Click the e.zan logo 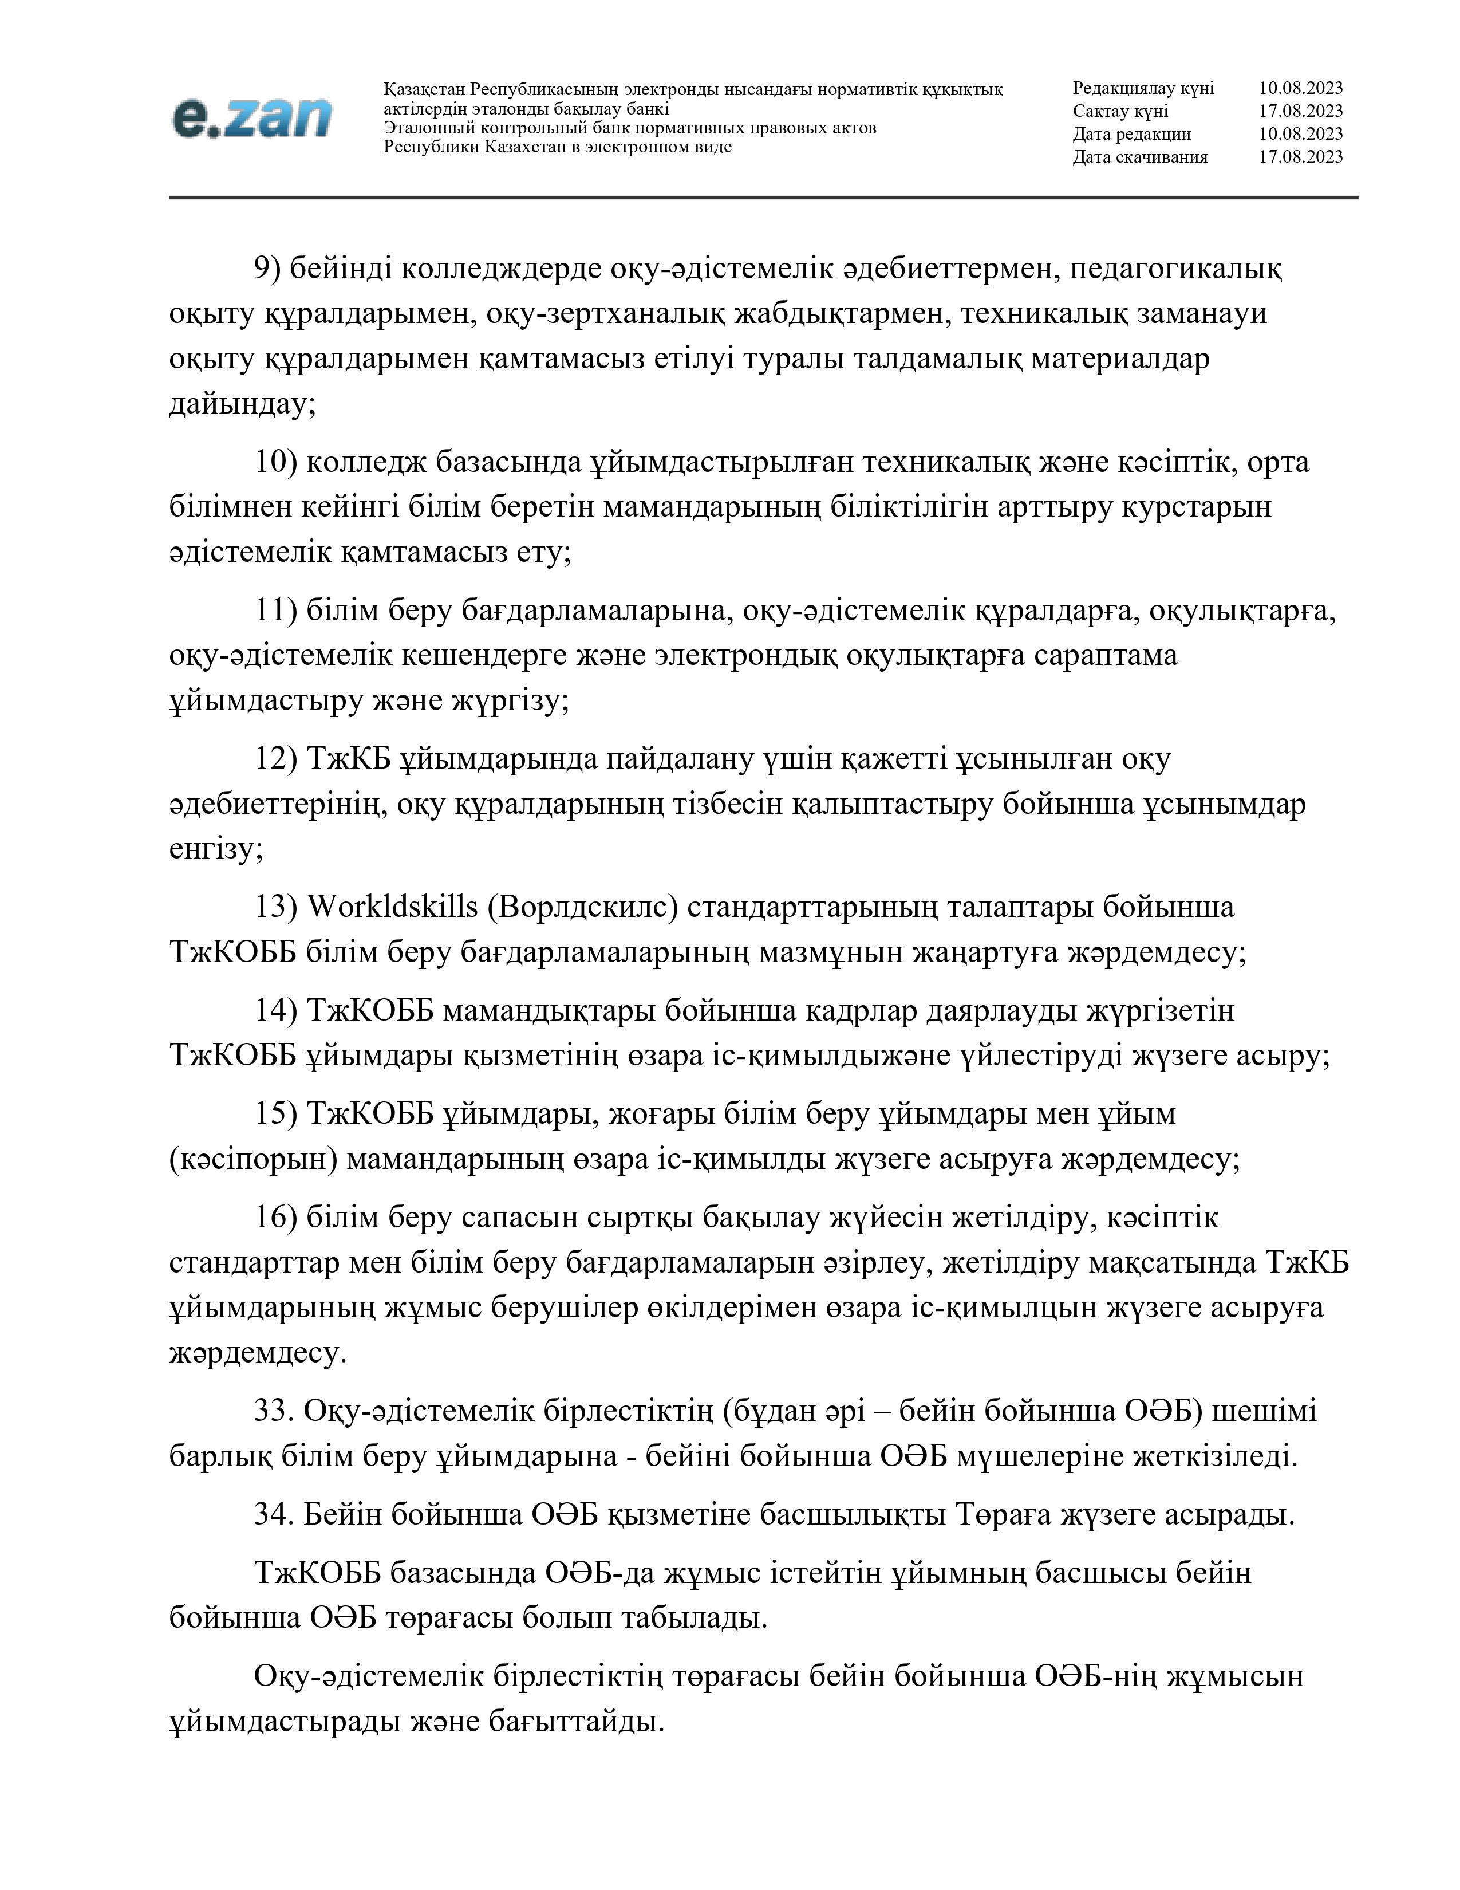click(251, 117)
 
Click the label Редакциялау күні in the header click(1143, 88)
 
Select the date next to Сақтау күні click(1300, 111)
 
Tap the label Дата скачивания click(1140, 156)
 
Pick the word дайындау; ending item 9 click(242, 404)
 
